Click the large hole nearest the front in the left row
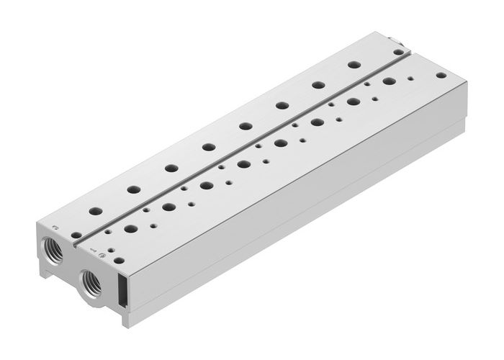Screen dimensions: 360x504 coord(96,212)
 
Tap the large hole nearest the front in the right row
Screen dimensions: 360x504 coord(131,229)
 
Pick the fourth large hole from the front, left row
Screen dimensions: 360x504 coord(208,147)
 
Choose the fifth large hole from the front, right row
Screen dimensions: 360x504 coord(280,143)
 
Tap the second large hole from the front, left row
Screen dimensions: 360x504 coord(133,190)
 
